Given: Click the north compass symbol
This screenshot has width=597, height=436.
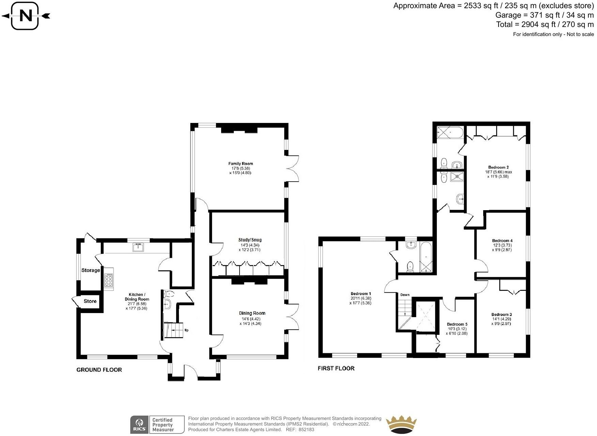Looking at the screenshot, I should click(x=26, y=16).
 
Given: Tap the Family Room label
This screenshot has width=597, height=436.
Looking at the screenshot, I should click(x=241, y=164).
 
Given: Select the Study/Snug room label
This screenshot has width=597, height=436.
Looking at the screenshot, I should click(x=250, y=240).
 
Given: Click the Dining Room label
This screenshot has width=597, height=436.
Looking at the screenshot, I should click(x=252, y=313).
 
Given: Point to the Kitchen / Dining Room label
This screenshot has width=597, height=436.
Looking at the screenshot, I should click(x=137, y=297).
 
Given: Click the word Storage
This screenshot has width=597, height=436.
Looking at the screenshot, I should click(x=91, y=270).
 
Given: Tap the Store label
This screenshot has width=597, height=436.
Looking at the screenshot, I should click(x=90, y=301).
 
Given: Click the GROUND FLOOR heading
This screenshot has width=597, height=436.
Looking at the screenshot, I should click(x=99, y=370).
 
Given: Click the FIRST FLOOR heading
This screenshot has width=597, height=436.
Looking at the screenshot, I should click(x=336, y=369).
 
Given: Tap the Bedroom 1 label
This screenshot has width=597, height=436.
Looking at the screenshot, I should click(x=361, y=294).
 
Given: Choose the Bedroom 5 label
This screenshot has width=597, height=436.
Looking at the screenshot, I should click(x=457, y=324).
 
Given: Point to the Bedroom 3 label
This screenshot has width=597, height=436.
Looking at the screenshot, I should click(x=501, y=315).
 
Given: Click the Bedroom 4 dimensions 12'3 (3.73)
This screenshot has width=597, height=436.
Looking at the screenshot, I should click(x=502, y=245).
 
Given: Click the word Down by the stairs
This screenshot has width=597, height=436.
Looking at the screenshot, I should click(x=405, y=295).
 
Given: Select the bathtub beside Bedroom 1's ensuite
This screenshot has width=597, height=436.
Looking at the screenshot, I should click(x=426, y=257).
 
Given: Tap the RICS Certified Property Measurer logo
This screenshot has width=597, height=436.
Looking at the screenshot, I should click(x=157, y=425).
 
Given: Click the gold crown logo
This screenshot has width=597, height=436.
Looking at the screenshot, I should click(x=401, y=424).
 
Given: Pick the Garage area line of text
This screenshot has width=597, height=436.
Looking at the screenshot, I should click(x=544, y=15).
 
